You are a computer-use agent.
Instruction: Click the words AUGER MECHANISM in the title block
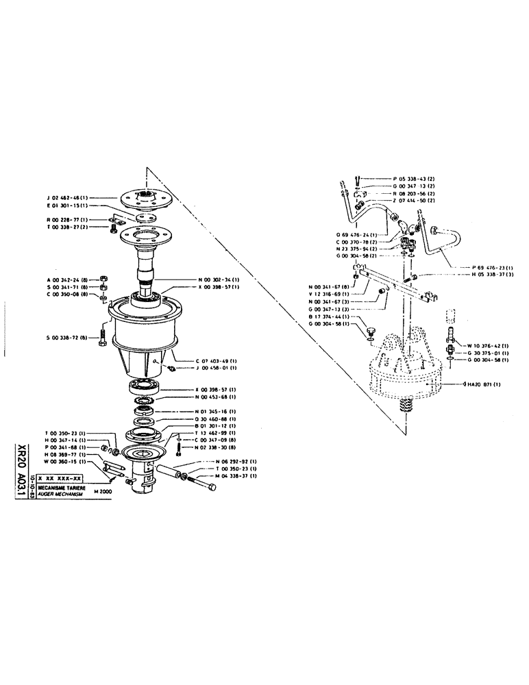pyautogui.click(x=62, y=493)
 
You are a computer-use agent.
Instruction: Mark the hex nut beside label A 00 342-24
pyautogui.click(x=103, y=279)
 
